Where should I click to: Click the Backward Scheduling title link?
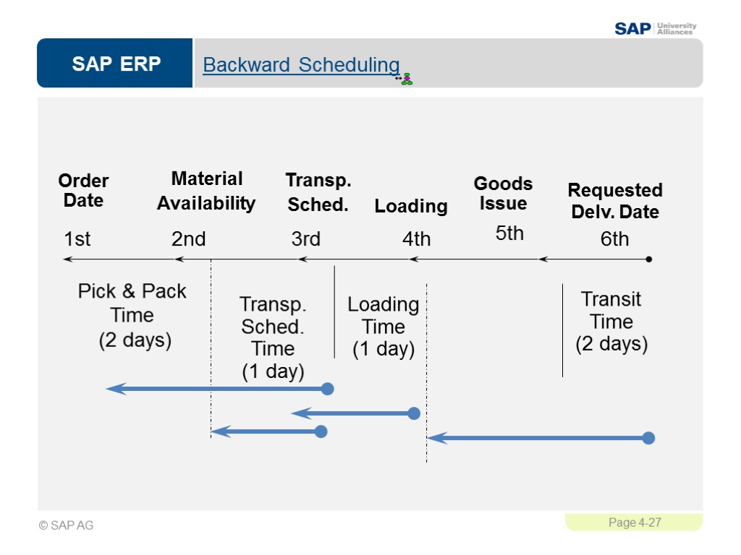coord(301,65)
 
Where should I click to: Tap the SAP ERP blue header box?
coord(116,64)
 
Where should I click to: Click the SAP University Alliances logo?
coord(655,28)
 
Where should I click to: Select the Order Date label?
coord(83,191)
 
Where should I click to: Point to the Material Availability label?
coord(206,191)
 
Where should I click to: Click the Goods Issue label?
coord(503,194)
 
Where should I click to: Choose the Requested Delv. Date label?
coord(615,201)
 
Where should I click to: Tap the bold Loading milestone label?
coord(410,207)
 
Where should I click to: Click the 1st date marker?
coord(77,239)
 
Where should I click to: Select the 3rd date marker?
coord(305,239)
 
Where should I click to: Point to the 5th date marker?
coord(509,233)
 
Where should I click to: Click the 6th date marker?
coord(614,239)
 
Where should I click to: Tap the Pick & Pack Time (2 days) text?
coord(132,315)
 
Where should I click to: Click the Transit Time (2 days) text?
coord(611,322)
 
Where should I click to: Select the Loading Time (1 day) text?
coord(383,327)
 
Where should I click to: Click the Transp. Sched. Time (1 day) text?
coord(273,337)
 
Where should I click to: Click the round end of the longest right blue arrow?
coord(648,438)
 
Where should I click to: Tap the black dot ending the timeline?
coord(649,259)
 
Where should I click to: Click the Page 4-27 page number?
coord(634,522)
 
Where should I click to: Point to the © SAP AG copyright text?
coord(67,525)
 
